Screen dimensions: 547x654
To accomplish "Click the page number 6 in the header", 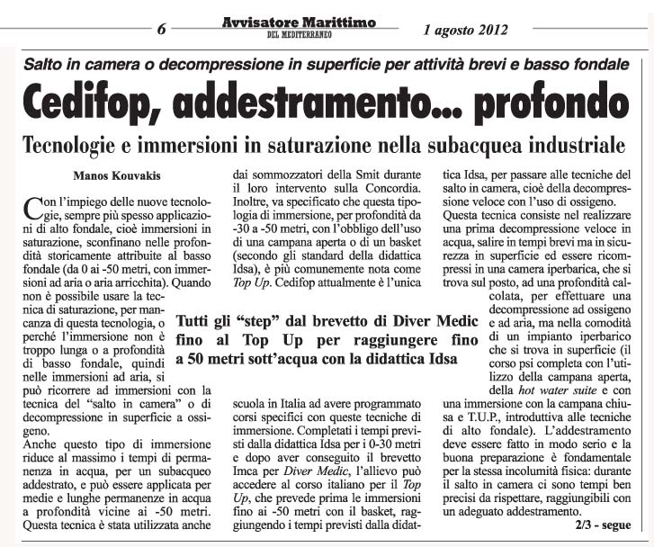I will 162,26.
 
